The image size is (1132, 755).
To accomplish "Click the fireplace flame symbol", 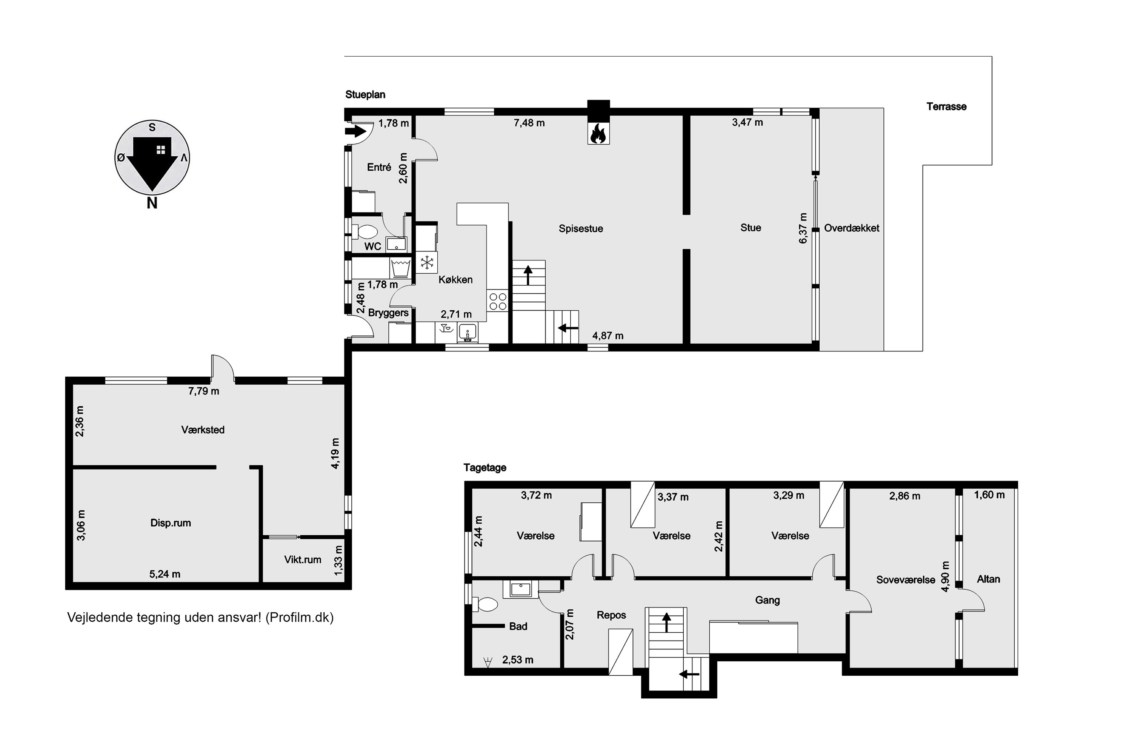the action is (x=598, y=133).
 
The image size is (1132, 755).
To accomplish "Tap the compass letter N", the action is (x=152, y=203).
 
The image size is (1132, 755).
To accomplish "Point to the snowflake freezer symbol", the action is (x=427, y=263).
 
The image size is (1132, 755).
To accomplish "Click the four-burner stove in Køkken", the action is (x=498, y=301).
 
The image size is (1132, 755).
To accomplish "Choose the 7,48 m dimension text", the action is (x=529, y=123).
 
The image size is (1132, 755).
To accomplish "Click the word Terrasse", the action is (x=946, y=106).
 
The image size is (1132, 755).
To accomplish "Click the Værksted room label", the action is (x=203, y=430).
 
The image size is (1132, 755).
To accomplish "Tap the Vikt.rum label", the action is (x=302, y=559).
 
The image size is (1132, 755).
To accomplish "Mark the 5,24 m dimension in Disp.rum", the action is (x=165, y=574).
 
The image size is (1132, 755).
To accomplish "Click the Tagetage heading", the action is (x=484, y=468).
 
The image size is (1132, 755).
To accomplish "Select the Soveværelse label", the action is (x=905, y=580).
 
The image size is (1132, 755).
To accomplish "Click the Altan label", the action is (x=988, y=579).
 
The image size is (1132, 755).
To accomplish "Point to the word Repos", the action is (x=611, y=615).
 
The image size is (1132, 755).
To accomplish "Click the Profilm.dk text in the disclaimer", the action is (x=299, y=617).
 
